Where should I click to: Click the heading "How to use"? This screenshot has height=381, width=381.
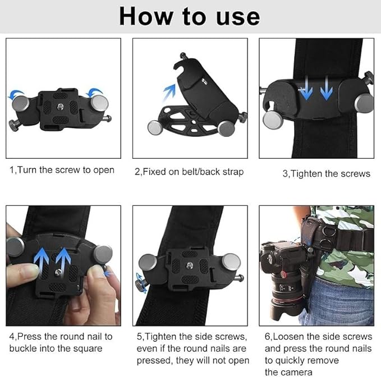[190, 17]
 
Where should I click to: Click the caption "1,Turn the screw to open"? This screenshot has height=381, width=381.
[62, 170]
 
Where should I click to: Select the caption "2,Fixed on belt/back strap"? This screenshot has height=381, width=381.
[189, 172]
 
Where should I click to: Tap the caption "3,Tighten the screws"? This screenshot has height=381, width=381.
[326, 173]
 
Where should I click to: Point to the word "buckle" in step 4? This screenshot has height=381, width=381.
[24, 348]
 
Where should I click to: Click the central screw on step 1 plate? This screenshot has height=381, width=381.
[60, 106]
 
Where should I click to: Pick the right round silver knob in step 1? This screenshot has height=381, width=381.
[100, 103]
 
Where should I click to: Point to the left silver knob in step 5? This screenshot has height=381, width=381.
[148, 263]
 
